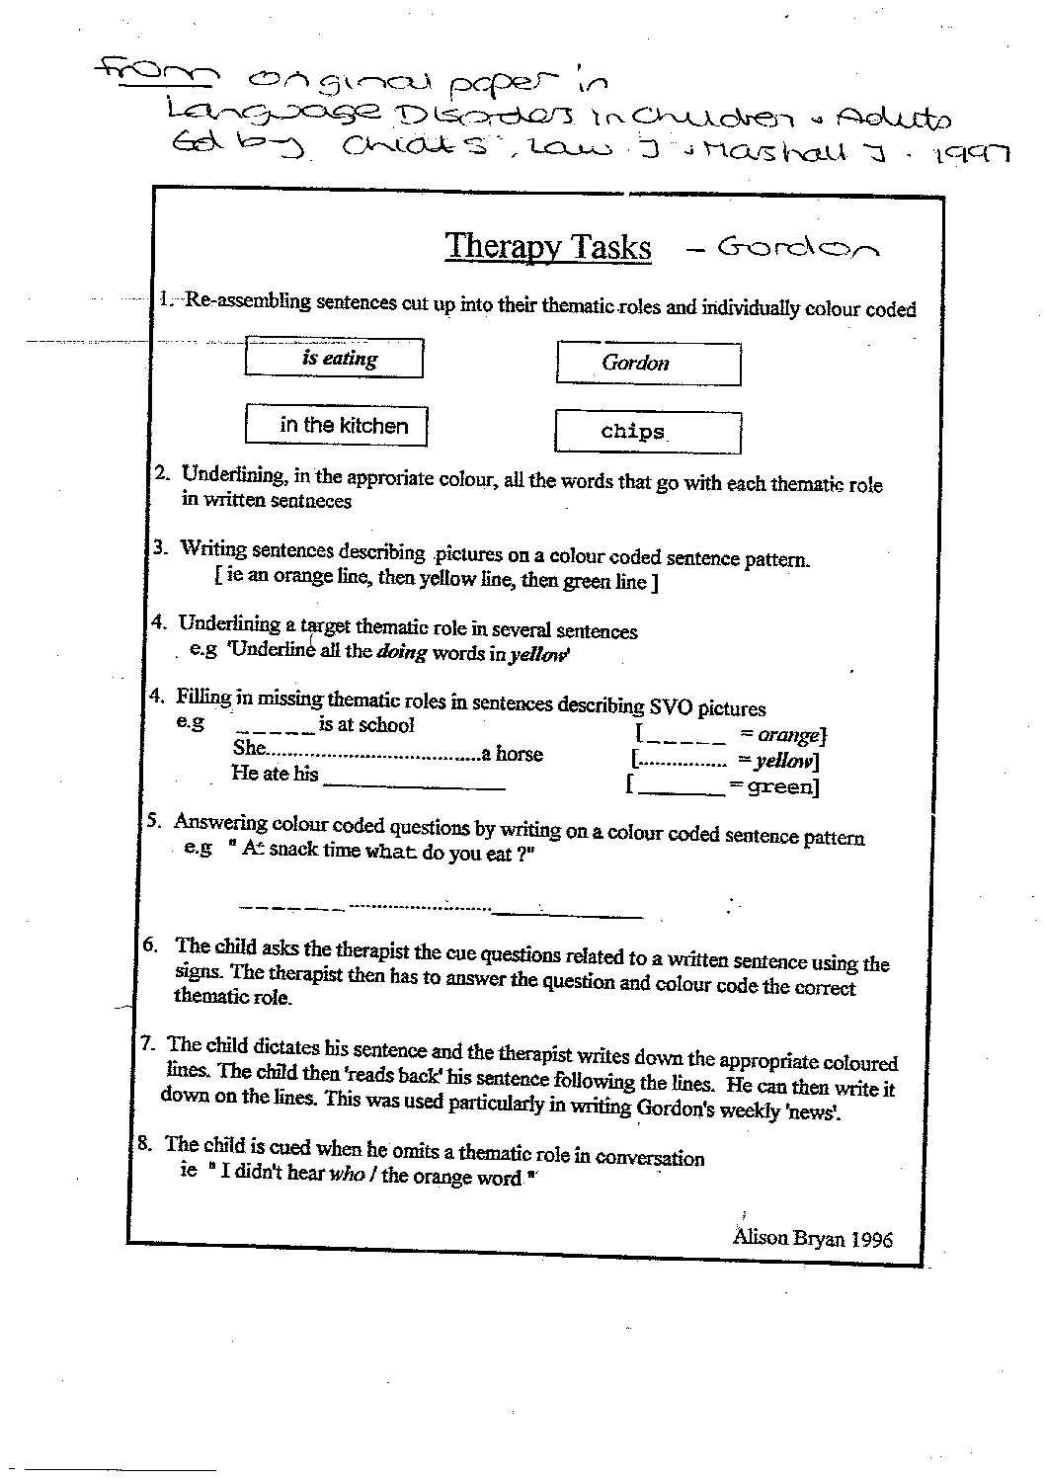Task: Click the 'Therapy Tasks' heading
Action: (x=547, y=246)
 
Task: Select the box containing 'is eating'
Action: (x=334, y=358)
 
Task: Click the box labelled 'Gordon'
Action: (x=647, y=363)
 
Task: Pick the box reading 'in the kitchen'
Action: (x=336, y=425)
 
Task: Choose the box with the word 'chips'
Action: (x=647, y=432)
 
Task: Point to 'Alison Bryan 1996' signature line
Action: (x=812, y=1238)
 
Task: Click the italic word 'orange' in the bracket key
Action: (x=788, y=735)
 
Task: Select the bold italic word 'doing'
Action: (x=401, y=652)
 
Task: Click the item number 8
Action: (x=144, y=1144)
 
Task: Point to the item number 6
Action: (x=150, y=944)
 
